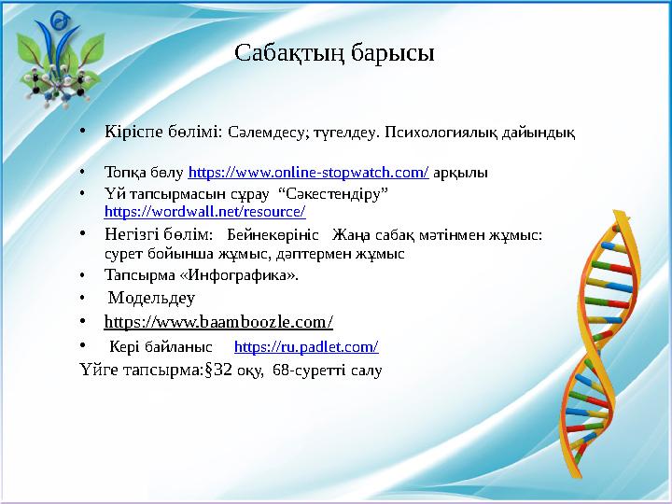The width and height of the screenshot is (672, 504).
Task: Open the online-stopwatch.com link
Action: click(309, 173)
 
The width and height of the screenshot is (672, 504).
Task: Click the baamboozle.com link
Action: click(218, 322)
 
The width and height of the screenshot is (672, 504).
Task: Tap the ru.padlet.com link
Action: click(306, 347)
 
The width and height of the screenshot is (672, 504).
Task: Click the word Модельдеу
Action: click(152, 299)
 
